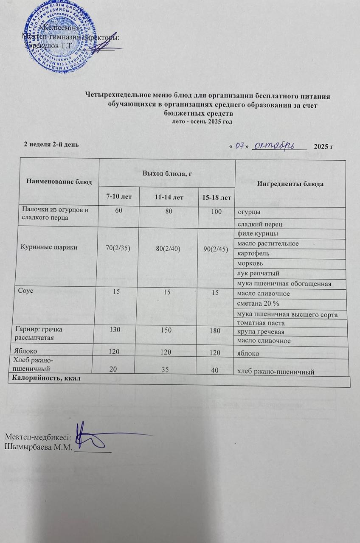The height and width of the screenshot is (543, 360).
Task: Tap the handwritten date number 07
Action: point(241,146)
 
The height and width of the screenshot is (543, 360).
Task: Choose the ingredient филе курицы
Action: point(258,233)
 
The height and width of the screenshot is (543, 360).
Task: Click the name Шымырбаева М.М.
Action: point(37,446)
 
